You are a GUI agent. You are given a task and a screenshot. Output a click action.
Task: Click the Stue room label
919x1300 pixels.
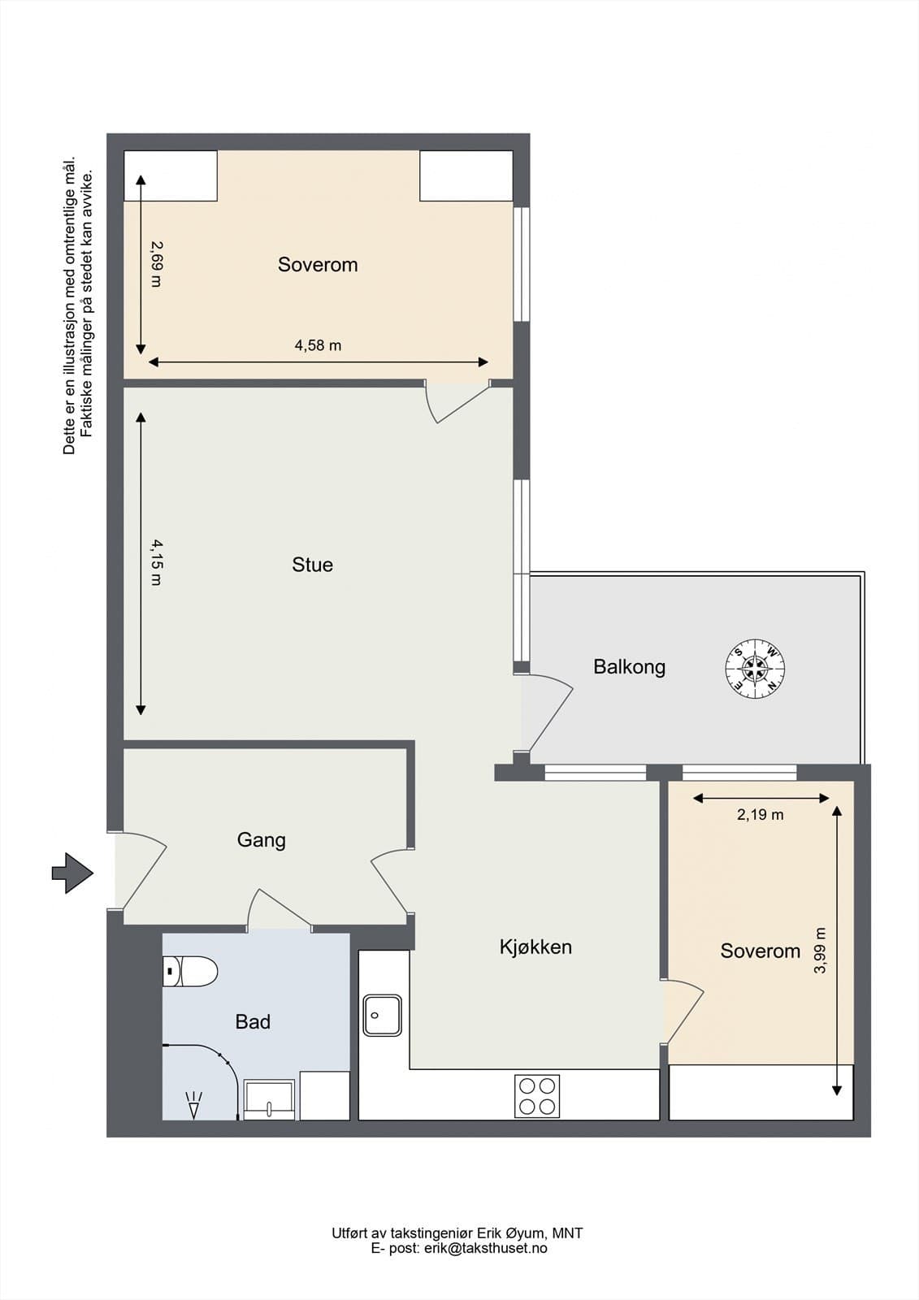click(x=312, y=565)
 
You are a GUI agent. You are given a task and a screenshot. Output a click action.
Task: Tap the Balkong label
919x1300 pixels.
click(x=629, y=667)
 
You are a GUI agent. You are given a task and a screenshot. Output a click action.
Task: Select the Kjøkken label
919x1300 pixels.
click(x=535, y=947)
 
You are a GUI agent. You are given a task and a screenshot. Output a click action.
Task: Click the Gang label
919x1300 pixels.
click(x=261, y=839)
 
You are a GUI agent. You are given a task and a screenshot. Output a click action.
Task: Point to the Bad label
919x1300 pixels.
click(x=253, y=1021)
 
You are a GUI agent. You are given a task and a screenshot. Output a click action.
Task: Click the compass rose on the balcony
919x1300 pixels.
click(x=755, y=669)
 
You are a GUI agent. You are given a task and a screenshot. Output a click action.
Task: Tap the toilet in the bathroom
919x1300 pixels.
click(x=190, y=971)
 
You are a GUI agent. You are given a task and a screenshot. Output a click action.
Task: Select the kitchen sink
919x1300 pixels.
click(x=382, y=1015)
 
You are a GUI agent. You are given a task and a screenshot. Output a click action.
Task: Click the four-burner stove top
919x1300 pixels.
click(x=538, y=1095)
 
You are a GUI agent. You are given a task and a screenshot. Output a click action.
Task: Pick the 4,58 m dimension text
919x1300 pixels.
click(x=318, y=345)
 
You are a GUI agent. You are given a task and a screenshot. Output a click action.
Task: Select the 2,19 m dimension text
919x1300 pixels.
click(x=760, y=814)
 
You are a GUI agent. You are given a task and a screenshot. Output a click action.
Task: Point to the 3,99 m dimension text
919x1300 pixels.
click(x=820, y=951)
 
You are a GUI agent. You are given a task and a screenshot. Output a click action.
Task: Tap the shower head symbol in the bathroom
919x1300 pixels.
click(x=193, y=1106)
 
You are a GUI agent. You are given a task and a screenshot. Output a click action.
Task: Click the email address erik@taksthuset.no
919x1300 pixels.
click(x=485, y=1248)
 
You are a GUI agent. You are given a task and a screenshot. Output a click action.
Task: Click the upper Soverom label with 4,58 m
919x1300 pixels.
click(x=318, y=264)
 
